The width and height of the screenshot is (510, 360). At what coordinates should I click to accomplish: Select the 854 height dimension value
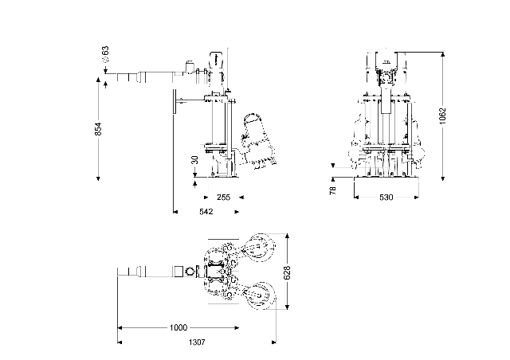[98, 128]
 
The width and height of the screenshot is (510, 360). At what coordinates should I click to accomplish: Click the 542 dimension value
[205, 213]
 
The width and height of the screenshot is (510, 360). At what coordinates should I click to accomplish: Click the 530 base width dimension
[386, 197]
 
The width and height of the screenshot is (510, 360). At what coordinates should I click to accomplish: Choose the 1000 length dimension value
[178, 328]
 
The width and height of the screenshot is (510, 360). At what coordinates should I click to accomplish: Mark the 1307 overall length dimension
[197, 342]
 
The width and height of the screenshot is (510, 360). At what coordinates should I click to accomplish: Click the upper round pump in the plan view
[260, 247]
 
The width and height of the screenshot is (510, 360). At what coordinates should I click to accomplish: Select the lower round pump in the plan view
[260, 299]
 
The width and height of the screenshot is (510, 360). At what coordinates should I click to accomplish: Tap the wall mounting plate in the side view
[171, 101]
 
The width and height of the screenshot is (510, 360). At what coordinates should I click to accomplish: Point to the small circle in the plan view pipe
[190, 272]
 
